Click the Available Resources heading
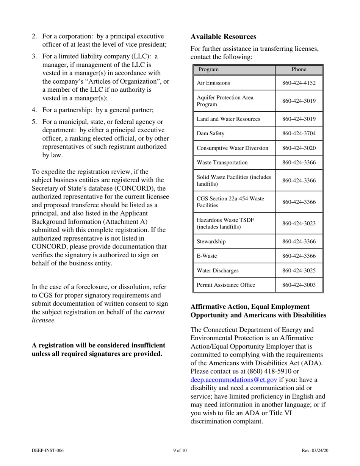coord(223,37)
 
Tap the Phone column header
coord(299,70)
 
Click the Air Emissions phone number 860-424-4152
coord(299,83)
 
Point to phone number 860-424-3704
coord(299,133)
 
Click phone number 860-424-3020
coord(299,148)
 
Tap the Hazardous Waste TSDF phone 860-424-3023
coord(299,224)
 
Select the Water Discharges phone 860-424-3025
coord(299,271)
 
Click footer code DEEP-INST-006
coord(47,450)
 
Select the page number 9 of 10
coord(180,450)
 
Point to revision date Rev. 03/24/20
coord(315,450)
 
